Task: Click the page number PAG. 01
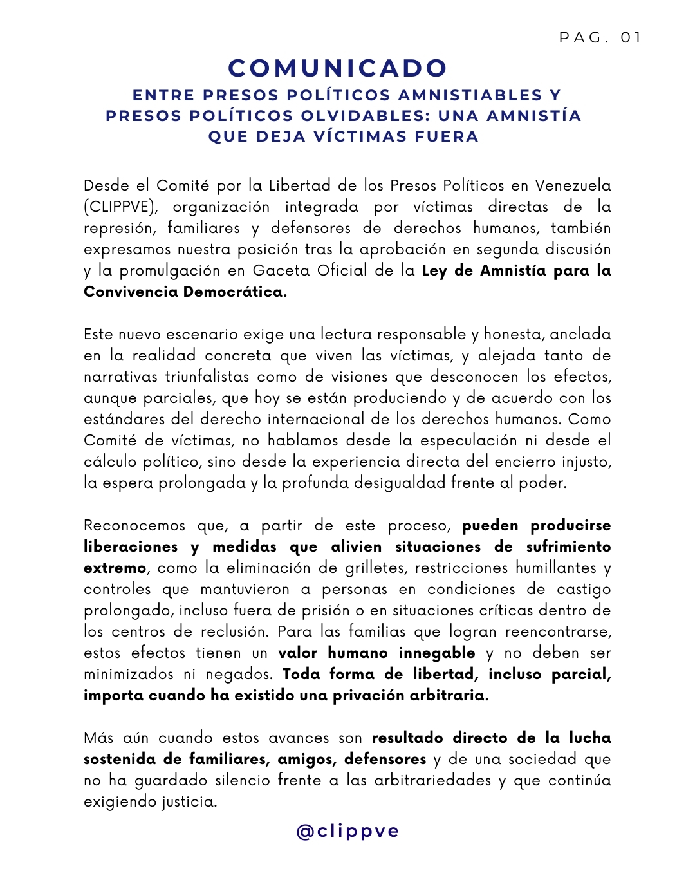tap(600, 37)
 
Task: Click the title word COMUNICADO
tap(338, 68)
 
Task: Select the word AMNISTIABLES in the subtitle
tap(470, 95)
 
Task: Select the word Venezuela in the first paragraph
tap(573, 185)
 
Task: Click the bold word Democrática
tap(235, 292)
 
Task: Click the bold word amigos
tap(306, 759)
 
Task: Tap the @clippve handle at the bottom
tap(347, 831)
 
